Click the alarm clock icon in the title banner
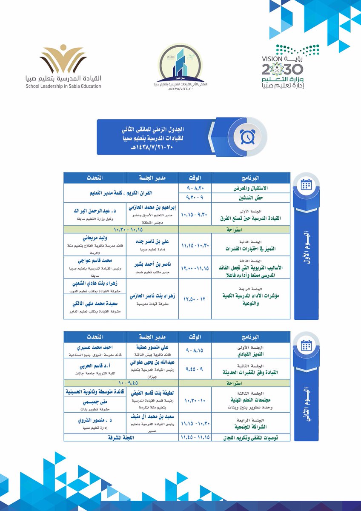[247, 136]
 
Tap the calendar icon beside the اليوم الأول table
[305, 184]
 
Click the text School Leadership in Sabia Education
[63, 86]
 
